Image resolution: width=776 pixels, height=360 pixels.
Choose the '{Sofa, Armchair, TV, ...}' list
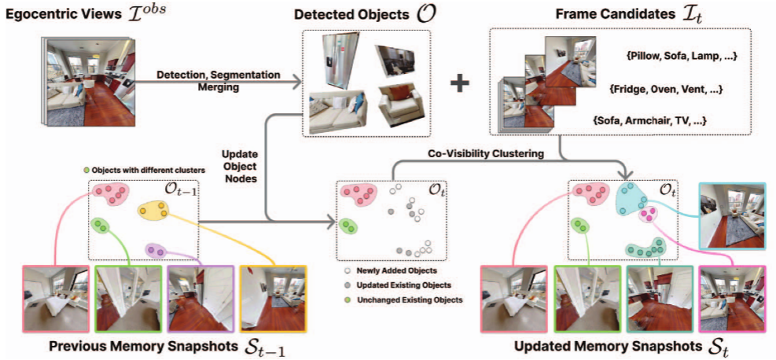pos(649,120)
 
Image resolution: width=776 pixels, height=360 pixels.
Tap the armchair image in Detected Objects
pos(400,108)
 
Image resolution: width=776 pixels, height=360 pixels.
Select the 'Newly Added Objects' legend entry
pos(384,270)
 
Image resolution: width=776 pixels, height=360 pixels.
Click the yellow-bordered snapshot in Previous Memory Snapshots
pos(273,298)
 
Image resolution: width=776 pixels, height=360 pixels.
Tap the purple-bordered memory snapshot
pos(200,298)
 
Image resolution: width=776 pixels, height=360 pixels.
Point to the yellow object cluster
pos(154,211)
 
